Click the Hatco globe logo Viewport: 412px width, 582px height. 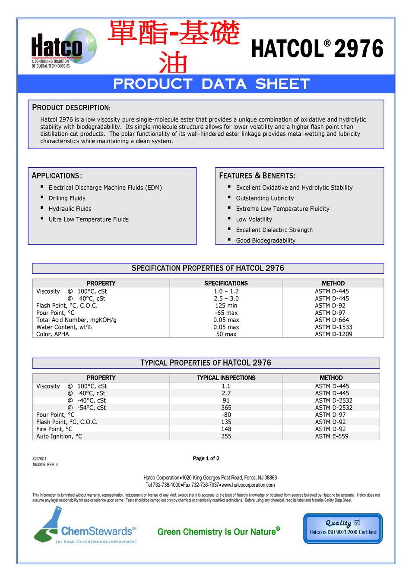click(x=63, y=48)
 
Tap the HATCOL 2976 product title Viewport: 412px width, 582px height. click(x=317, y=48)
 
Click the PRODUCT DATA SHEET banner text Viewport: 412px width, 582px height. click(x=212, y=84)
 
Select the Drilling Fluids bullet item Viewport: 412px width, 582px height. click(x=67, y=198)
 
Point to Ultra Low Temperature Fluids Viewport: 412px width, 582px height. click(x=89, y=219)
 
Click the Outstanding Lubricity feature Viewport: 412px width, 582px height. click(x=265, y=198)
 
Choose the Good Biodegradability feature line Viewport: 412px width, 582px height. click(x=266, y=241)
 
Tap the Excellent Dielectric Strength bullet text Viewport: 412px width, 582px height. click(x=274, y=230)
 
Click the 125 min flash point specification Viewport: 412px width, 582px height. click(x=226, y=306)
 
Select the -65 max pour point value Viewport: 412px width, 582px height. click(x=226, y=313)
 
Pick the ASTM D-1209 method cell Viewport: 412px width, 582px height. click(x=333, y=334)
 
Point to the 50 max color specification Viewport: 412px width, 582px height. click(x=226, y=334)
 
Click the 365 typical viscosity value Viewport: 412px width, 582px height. click(x=226, y=408)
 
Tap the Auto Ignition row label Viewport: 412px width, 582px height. click(x=59, y=436)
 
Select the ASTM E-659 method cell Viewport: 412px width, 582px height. click(x=331, y=436)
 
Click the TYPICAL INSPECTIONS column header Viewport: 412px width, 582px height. click(x=226, y=378)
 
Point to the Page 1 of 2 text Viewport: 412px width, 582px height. click(x=206, y=458)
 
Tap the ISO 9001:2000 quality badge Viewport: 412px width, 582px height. click(x=342, y=528)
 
